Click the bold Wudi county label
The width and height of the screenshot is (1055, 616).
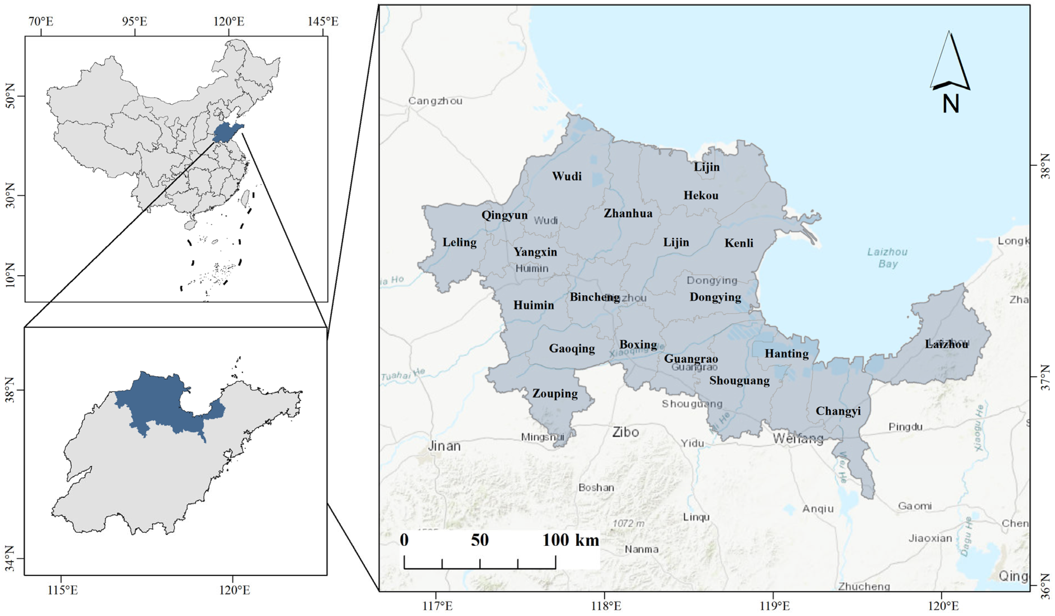pos(566,176)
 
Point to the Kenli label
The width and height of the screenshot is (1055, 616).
pos(739,243)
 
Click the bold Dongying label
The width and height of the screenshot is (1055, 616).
pos(715,297)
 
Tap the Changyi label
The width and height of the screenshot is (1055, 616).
pos(838,411)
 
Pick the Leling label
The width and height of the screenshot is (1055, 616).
pos(459,242)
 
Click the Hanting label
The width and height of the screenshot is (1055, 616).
pos(786,354)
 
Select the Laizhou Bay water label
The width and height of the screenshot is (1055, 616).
pos(887,258)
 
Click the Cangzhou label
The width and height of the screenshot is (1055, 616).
pos(435,101)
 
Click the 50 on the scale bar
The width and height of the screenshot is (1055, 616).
pos(479,540)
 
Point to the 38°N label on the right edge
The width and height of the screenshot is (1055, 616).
pos(1046,166)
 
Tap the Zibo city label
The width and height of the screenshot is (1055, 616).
pos(626,432)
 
